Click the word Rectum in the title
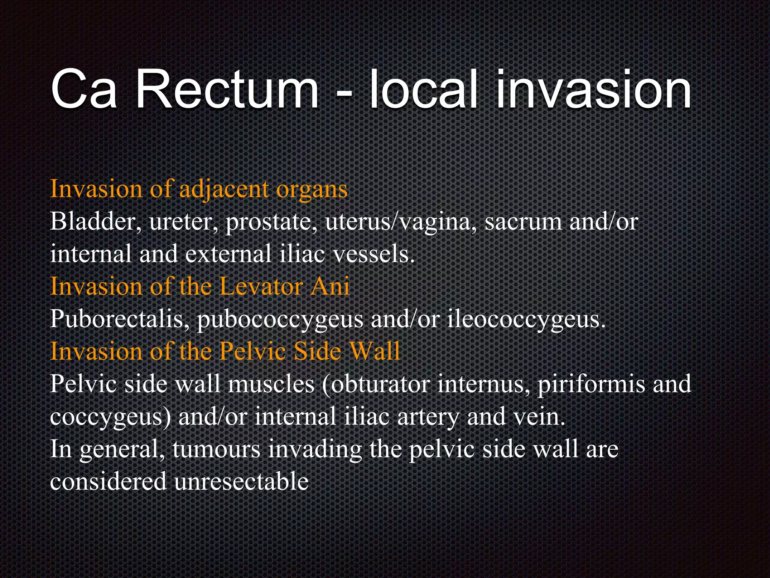coord(227,90)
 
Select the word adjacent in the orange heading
coord(224,189)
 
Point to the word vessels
coord(374,254)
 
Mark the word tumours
coord(217,449)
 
